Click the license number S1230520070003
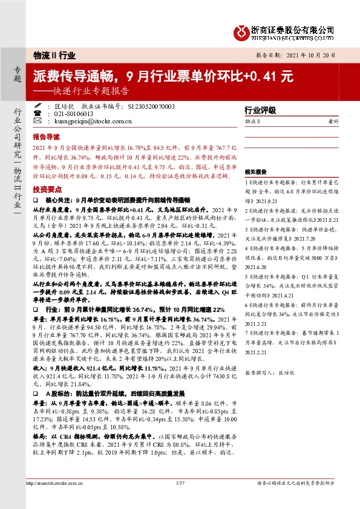(151, 105)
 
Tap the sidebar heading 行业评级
(260, 110)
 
